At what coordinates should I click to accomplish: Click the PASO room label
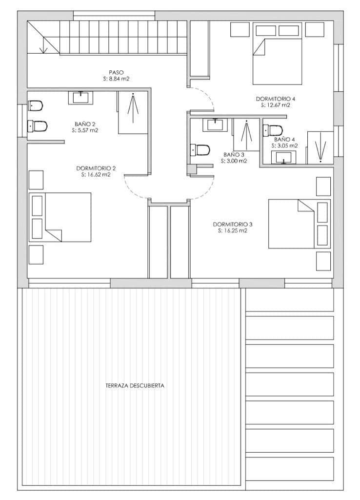(116, 72)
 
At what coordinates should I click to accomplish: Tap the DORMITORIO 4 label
(276, 99)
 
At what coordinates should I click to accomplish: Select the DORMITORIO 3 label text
(233, 225)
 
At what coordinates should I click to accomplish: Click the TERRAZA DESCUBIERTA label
(135, 385)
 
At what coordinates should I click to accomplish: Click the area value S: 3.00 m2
(234, 161)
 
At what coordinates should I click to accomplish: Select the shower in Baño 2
(133, 112)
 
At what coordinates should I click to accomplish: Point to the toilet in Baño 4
(273, 130)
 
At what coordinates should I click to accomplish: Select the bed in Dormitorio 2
(60, 217)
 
